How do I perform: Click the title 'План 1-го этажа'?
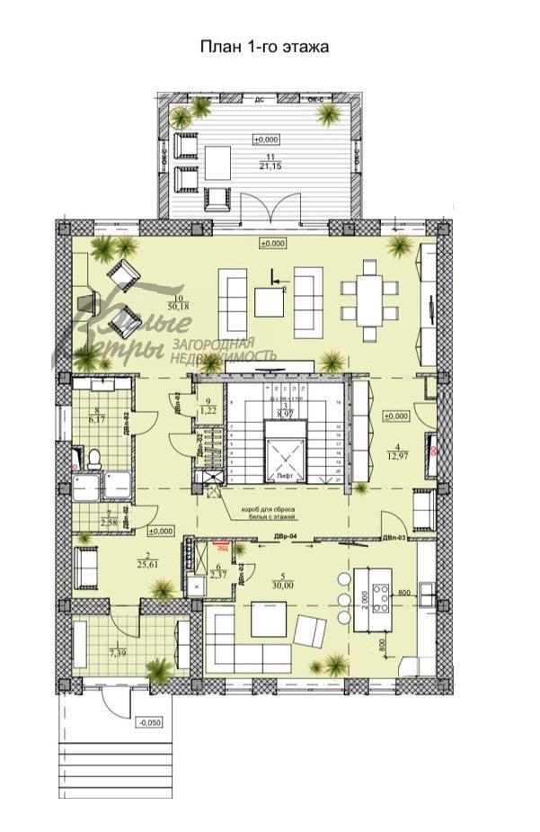pos(264,48)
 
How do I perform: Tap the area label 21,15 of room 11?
pos(266,166)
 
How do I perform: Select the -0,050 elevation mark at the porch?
pos(147,722)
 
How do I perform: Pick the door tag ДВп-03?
pos(394,538)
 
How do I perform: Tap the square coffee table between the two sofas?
pos(269,301)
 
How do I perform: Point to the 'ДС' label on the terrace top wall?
pos(260,100)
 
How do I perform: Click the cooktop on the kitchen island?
pos(380,597)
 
